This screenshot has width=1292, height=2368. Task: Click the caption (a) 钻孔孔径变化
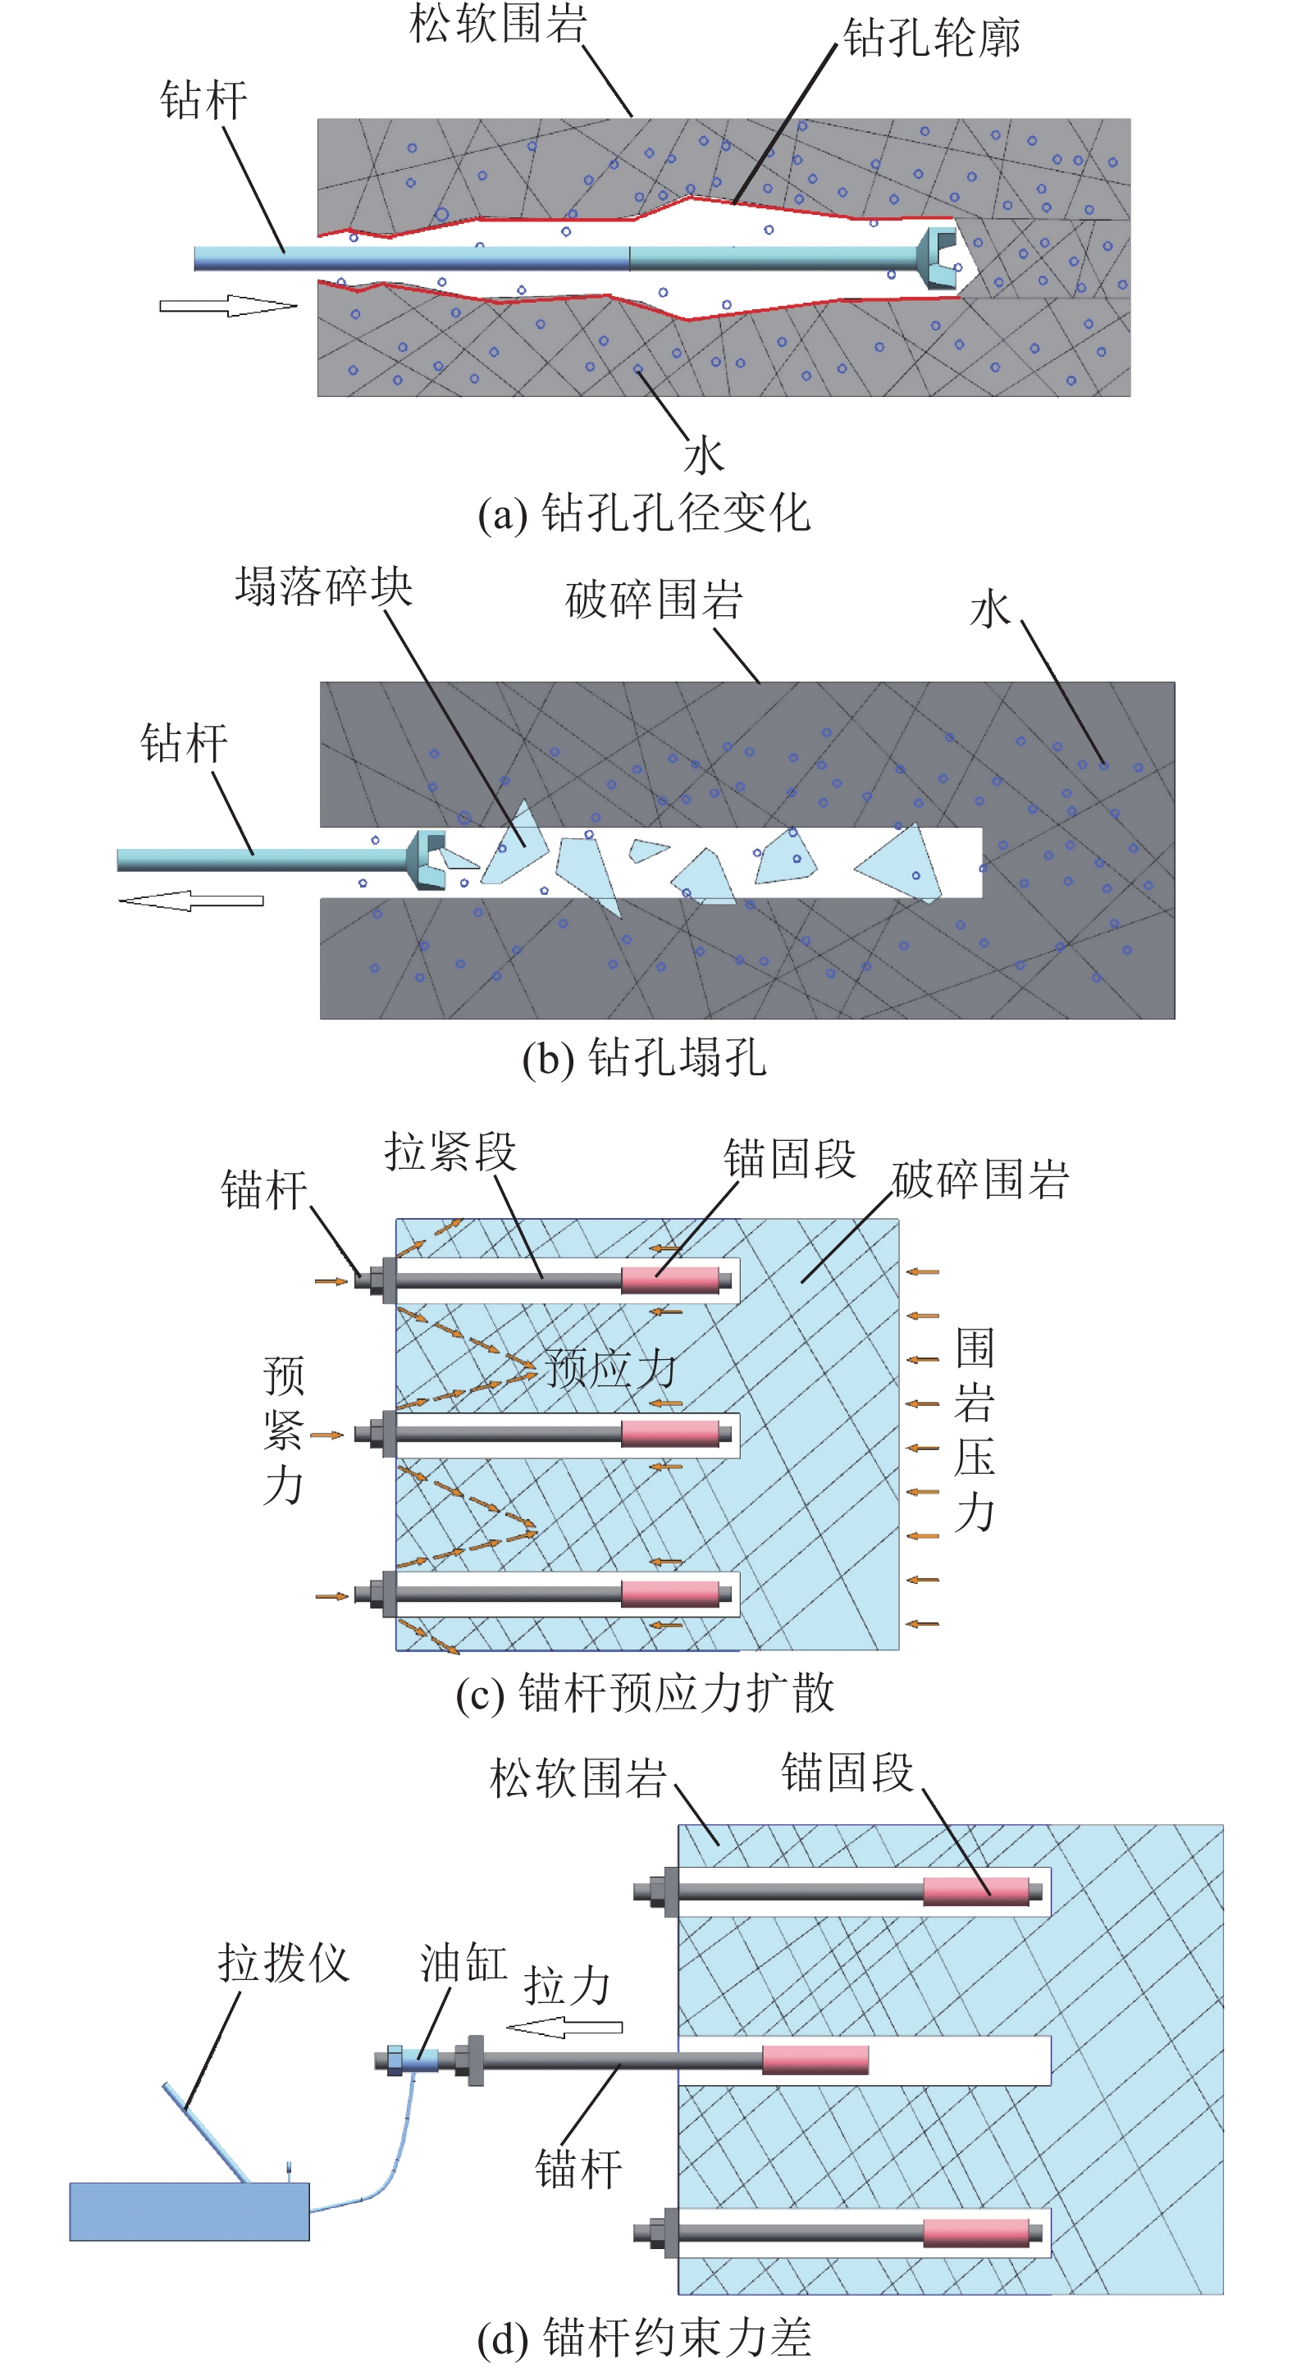pyautogui.click(x=644, y=513)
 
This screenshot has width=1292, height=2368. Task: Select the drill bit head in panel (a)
pyautogui.click(x=940, y=258)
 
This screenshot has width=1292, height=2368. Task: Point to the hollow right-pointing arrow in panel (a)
pyautogui.click(x=228, y=306)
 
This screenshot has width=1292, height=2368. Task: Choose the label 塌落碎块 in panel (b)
pyautogui.click(x=324, y=587)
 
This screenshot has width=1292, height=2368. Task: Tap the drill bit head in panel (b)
pyautogui.click(x=427, y=860)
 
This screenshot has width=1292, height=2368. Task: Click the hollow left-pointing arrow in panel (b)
pyautogui.click(x=191, y=900)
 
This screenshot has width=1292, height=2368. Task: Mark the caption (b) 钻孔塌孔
pyautogui.click(x=644, y=1058)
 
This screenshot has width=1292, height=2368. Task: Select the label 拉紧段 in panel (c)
pyautogui.click(x=450, y=1152)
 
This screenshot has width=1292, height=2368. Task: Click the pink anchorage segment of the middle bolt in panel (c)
pyautogui.click(x=669, y=1434)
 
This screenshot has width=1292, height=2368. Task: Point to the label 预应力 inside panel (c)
pyautogui.click(x=610, y=1369)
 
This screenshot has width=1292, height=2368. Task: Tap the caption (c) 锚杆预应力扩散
pyautogui.click(x=644, y=1693)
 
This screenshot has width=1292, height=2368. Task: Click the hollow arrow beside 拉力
pyautogui.click(x=564, y=2027)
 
